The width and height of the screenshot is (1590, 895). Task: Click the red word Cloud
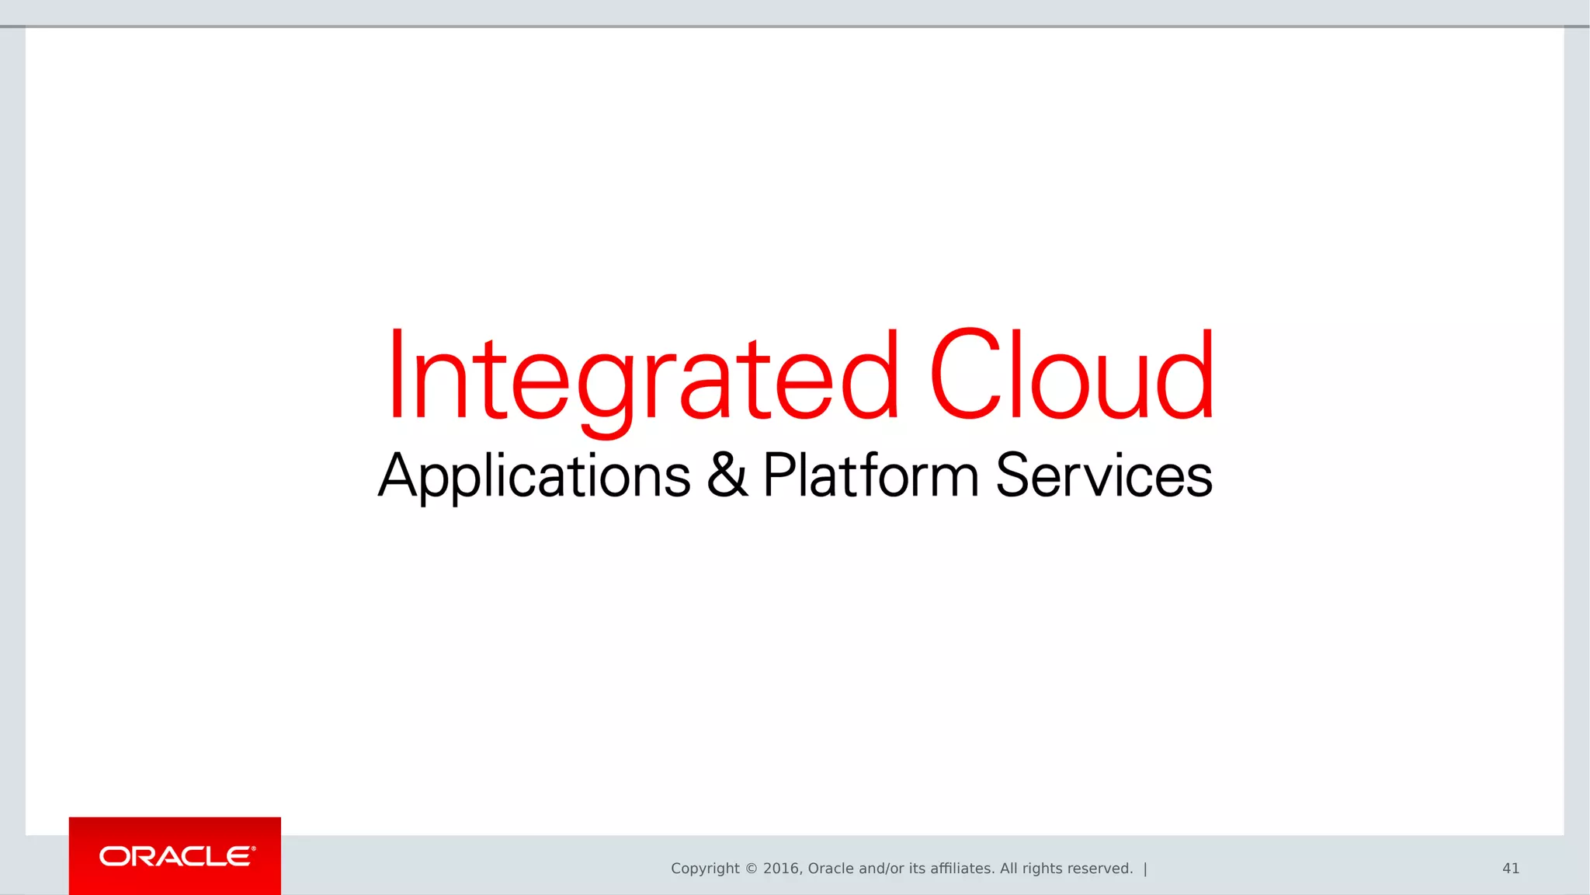[x=1071, y=374]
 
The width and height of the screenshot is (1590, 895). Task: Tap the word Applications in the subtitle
[x=534, y=475]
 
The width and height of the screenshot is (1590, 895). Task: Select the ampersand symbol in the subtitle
[x=727, y=475]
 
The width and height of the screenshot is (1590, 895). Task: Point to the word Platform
[x=870, y=475]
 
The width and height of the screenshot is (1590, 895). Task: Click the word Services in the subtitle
[x=1103, y=475]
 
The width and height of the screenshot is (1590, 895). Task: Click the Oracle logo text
[x=176, y=856]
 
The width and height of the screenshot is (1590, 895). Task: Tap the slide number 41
[x=1510, y=869]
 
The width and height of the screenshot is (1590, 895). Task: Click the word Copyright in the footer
[x=705, y=869]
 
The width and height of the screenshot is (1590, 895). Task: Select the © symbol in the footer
[x=751, y=869]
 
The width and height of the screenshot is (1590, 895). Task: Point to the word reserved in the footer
[x=1102, y=869]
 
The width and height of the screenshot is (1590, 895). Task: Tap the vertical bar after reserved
[x=1145, y=869]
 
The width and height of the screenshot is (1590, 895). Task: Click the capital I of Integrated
[x=397, y=374]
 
